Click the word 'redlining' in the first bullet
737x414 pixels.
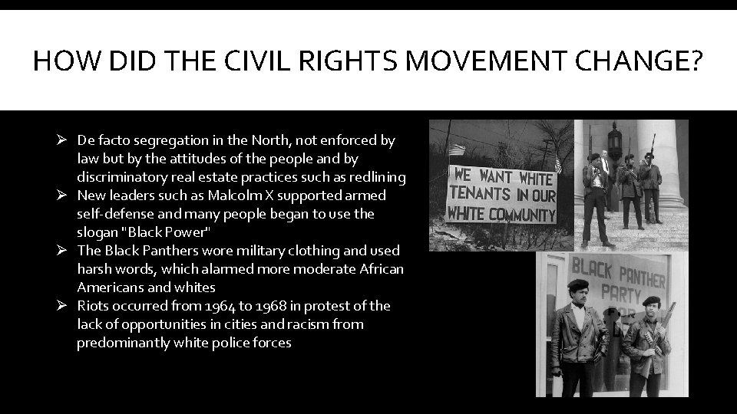(377, 177)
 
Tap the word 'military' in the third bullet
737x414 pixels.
(224, 251)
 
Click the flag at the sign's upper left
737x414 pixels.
(459, 149)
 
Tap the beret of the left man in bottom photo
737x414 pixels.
(578, 285)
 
